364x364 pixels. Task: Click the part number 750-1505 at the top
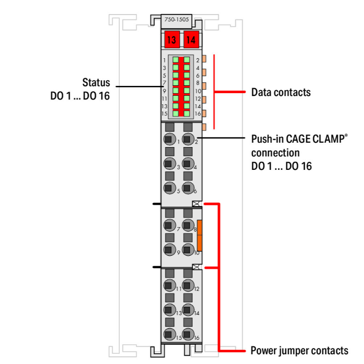coord(177,19)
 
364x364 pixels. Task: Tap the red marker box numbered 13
coord(172,40)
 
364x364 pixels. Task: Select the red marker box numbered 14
coord(191,40)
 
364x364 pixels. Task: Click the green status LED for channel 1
coord(176,60)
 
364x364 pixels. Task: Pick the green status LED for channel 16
coord(187,114)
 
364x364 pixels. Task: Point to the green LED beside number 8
coord(187,83)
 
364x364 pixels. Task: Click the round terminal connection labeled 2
coord(188,139)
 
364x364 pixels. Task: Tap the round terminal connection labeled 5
coord(170,187)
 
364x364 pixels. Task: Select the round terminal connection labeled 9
coord(170,249)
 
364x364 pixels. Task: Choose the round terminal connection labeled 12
coord(188,285)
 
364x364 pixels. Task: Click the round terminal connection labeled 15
coord(170,334)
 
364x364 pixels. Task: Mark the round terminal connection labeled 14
coord(188,310)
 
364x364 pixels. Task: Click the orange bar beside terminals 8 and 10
coord(199,235)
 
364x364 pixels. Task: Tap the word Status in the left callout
coord(96,83)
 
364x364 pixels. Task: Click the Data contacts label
coord(281,92)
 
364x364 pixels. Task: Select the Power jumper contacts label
coord(299,350)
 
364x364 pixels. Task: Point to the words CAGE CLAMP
coord(315,139)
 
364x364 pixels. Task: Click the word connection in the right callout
coord(275,153)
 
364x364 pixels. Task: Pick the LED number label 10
coord(198,91)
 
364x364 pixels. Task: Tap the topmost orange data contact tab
coord(204,59)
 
